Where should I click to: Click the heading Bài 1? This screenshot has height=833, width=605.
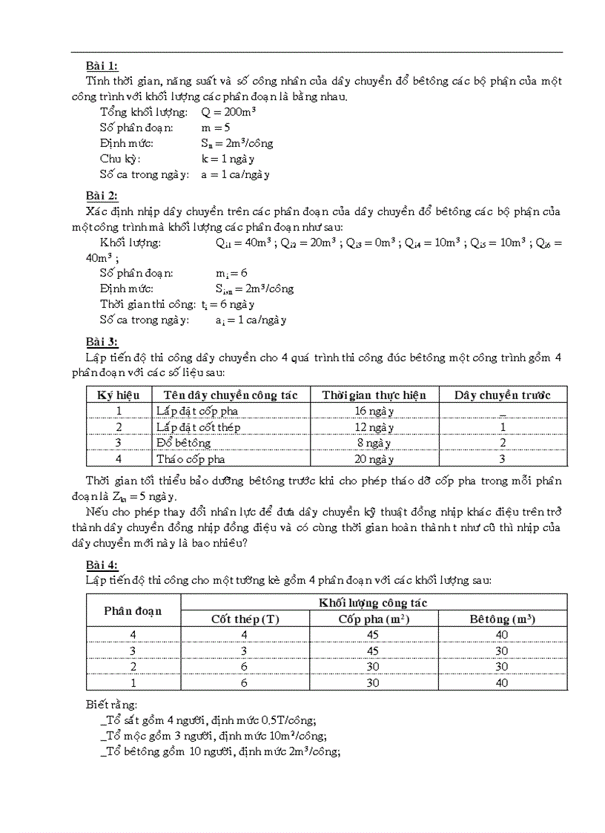[102, 66]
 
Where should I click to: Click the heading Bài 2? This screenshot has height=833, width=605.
[102, 196]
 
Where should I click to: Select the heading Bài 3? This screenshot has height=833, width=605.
[102, 342]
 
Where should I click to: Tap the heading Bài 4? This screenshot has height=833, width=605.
[102, 564]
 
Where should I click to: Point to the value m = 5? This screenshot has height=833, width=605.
[215, 128]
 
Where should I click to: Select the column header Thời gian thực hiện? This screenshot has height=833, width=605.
[374, 395]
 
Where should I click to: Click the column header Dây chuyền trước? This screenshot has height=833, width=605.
[502, 395]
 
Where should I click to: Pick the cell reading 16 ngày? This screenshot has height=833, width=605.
[374, 411]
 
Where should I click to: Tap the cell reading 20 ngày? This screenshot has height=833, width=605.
[374, 459]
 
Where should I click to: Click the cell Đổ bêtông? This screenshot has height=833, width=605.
[183, 443]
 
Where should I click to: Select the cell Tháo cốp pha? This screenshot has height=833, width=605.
[191, 459]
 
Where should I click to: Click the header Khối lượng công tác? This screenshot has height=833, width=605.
[373, 602]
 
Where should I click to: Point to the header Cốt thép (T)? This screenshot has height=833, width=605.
[245, 619]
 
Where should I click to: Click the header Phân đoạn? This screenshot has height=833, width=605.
[133, 610]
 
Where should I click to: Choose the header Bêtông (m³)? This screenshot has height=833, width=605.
[502, 619]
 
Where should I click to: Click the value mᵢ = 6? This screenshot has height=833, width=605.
[231, 273]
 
